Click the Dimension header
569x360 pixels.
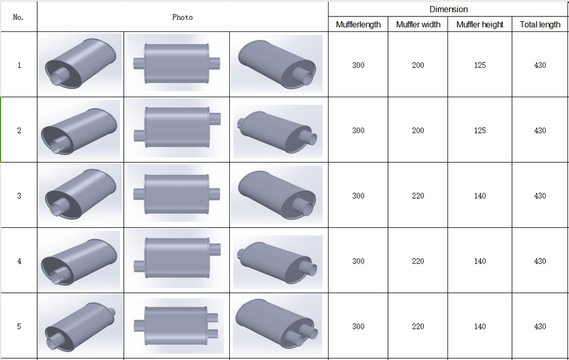(x=449, y=9)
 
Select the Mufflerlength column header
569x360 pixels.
(x=358, y=24)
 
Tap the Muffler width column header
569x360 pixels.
(x=418, y=24)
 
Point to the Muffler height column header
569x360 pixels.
(x=480, y=24)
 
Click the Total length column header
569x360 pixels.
(x=540, y=24)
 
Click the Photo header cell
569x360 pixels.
(x=182, y=17)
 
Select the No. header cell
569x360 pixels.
(x=18, y=17)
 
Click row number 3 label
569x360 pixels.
(x=19, y=195)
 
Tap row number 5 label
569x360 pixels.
(x=19, y=326)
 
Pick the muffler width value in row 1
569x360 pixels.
(x=418, y=65)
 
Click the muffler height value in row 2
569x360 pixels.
(x=480, y=130)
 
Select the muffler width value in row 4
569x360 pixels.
(x=418, y=261)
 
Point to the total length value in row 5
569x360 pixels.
(x=540, y=326)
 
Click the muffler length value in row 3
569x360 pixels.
(x=358, y=195)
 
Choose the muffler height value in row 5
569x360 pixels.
(x=480, y=326)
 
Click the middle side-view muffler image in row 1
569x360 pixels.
(x=176, y=64)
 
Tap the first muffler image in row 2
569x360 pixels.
(x=80, y=130)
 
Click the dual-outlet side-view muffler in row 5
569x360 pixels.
(x=176, y=326)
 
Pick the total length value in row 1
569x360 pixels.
(x=540, y=65)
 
